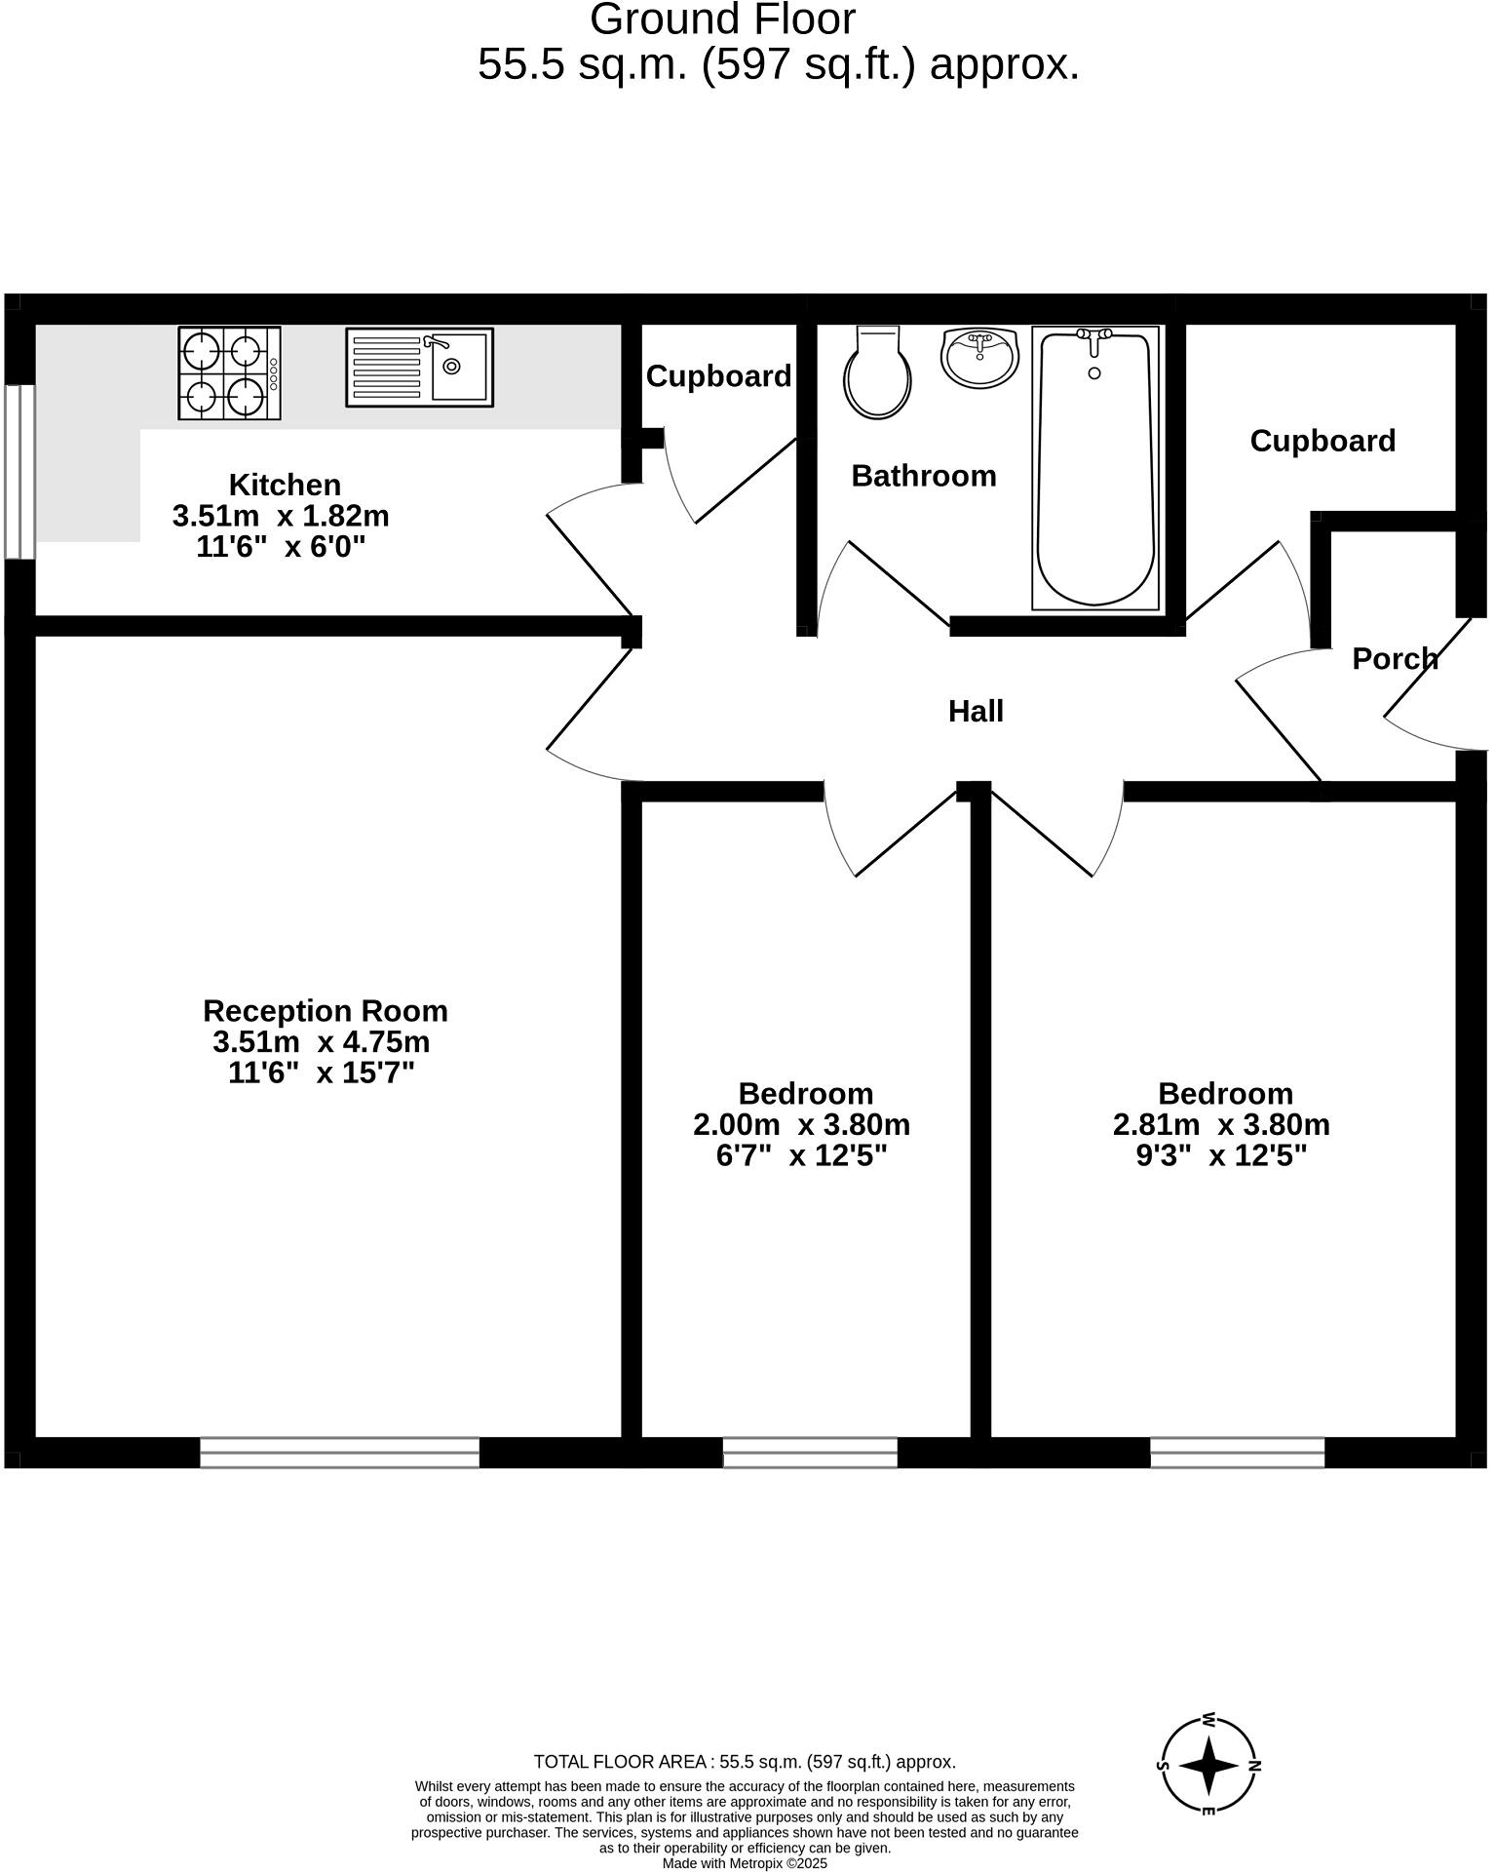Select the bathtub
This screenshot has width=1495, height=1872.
[x=1097, y=468]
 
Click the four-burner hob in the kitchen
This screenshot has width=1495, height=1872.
[x=229, y=373]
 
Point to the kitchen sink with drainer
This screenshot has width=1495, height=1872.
[x=419, y=367]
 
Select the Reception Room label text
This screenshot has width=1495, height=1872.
[x=326, y=1010]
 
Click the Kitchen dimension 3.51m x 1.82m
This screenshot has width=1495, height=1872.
[x=281, y=516]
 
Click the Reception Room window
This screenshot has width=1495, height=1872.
[x=339, y=1453]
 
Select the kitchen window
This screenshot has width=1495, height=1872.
[x=19, y=472]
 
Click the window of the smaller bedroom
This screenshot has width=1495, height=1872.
[x=810, y=1453]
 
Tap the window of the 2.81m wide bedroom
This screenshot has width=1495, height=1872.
[x=1237, y=1453]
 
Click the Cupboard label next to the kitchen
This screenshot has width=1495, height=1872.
[x=718, y=376]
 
